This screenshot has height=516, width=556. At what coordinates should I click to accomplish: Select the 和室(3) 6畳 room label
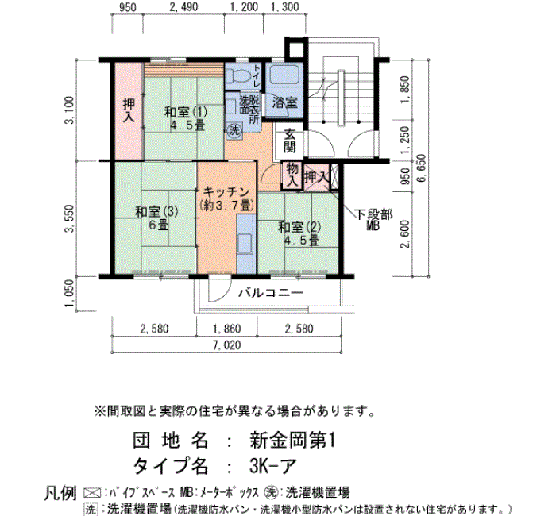point(156,218)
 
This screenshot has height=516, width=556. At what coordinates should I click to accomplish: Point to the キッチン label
point(226,192)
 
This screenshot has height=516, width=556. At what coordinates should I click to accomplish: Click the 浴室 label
point(284,102)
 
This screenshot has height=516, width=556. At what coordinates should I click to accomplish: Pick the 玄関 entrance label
point(290,141)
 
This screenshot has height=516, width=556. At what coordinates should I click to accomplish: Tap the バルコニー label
point(271,293)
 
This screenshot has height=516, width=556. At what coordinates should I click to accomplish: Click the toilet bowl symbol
point(237,75)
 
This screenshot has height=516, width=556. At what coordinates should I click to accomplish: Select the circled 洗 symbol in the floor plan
point(234,130)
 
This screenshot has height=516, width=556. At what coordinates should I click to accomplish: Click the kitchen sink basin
point(245,242)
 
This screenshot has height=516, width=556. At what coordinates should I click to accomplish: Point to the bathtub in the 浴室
point(284,75)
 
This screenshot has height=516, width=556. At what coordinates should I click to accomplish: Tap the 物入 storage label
point(292,175)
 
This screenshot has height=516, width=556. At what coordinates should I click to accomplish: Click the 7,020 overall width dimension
point(227,345)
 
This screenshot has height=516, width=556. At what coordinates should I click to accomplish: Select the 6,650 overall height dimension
point(422,168)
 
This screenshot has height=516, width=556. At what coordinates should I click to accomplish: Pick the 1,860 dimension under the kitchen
point(227,329)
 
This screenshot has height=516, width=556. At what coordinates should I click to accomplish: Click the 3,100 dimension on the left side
point(70,110)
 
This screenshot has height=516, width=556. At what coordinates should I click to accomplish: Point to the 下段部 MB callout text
point(373,220)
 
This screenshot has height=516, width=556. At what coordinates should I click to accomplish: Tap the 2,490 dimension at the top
point(183,6)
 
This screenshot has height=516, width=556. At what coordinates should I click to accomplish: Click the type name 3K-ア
point(272,466)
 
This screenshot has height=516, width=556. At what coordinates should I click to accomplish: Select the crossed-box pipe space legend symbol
point(92,493)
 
